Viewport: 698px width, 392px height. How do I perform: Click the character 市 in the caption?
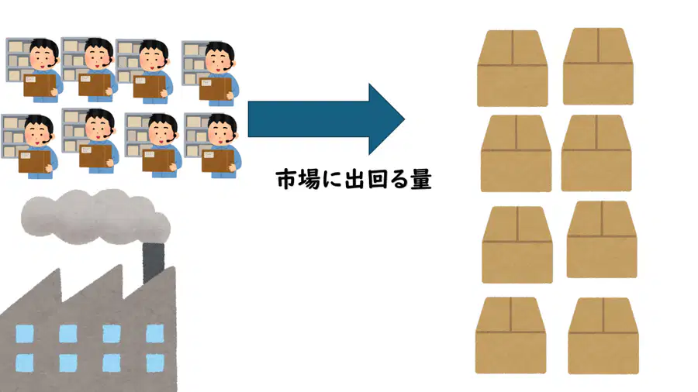click(287, 180)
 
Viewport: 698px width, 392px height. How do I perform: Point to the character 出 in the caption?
click(354, 180)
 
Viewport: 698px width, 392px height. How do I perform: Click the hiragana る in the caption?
click(398, 180)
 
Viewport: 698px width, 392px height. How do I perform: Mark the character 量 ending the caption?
click(420, 180)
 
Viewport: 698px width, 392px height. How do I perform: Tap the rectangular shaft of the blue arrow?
click(308, 119)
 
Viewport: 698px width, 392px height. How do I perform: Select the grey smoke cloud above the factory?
click(95, 217)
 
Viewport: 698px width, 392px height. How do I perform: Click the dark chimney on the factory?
click(153, 262)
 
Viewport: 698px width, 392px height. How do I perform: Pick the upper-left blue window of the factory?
click(25, 333)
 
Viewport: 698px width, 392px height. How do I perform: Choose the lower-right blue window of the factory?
click(155, 363)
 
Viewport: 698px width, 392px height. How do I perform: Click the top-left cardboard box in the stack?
click(513, 68)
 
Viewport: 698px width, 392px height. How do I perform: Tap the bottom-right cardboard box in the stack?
click(603, 336)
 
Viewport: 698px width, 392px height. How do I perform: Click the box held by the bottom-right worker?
click(218, 160)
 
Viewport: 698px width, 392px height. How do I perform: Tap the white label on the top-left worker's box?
click(31, 80)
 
